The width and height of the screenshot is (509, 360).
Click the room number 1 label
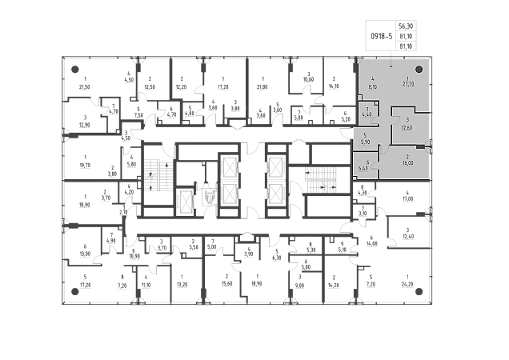[x=407, y=78]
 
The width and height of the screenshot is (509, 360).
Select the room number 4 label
[x=373, y=78]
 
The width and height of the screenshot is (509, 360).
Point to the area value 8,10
[x=373, y=85]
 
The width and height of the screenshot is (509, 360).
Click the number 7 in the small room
[x=367, y=108]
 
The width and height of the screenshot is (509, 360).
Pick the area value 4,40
[x=367, y=114]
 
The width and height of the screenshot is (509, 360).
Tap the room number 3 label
[x=407, y=121]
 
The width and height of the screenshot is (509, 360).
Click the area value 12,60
[x=407, y=127]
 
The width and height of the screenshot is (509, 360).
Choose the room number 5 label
[x=365, y=135]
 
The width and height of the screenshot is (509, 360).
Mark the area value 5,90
[x=365, y=142]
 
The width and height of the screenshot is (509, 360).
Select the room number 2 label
[x=407, y=157]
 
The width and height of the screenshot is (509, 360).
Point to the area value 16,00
[x=407, y=163]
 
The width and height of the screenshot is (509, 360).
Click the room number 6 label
[x=367, y=162]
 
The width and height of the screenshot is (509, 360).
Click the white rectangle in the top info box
[x=382, y=29]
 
